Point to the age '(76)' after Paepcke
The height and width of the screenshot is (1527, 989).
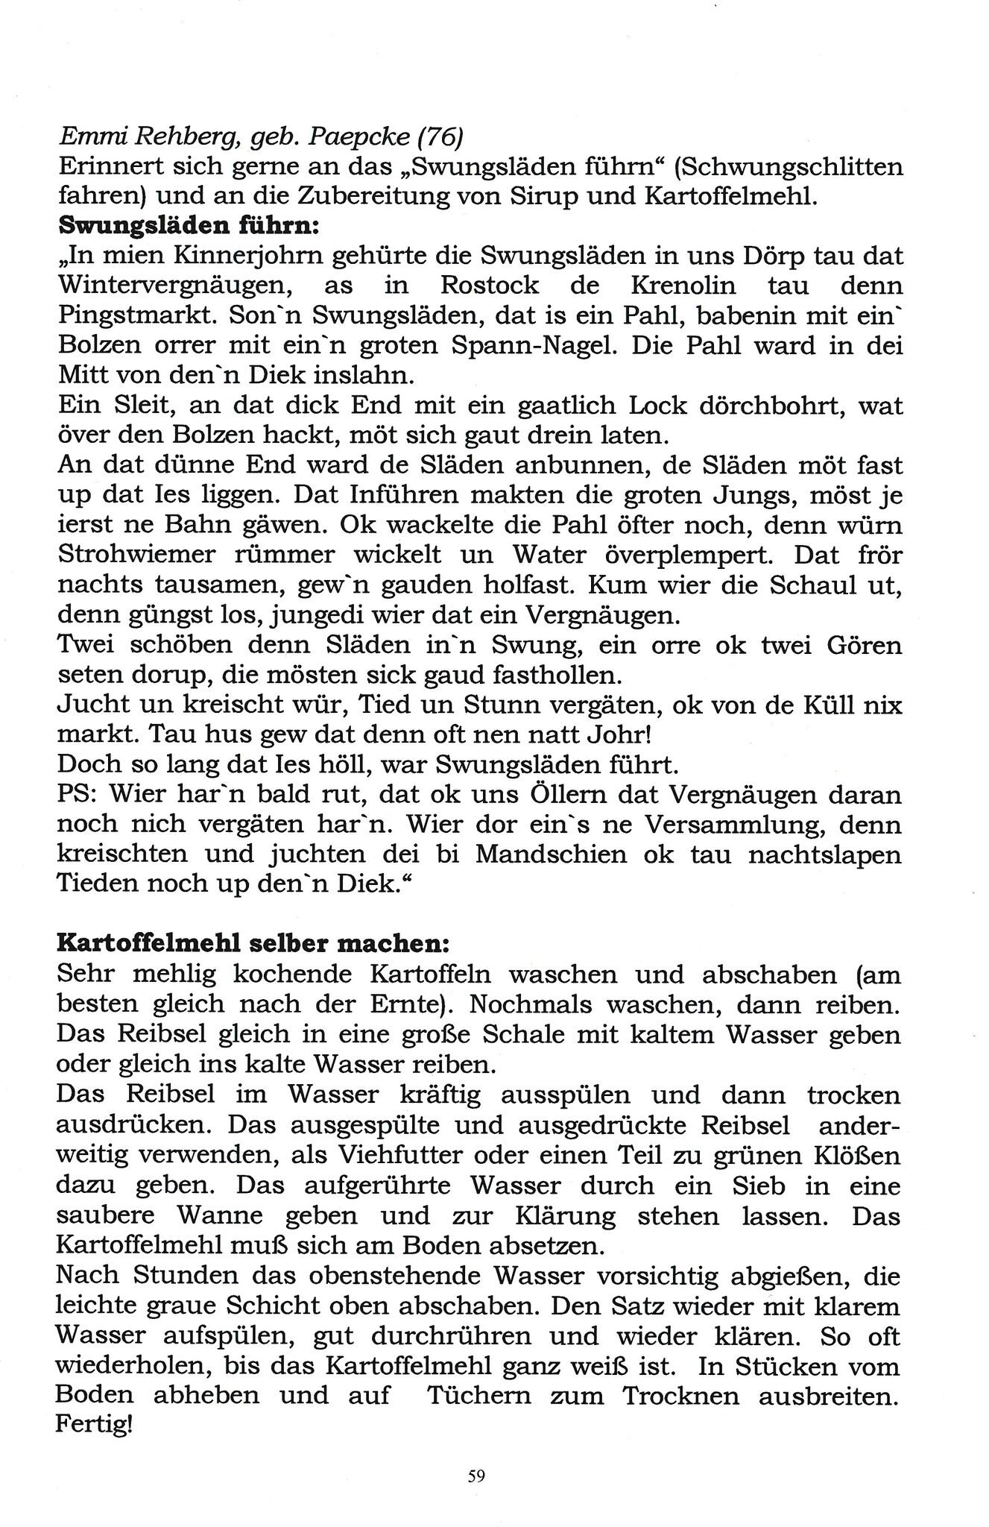pyautogui.click(x=440, y=136)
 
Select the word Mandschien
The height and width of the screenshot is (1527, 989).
pyautogui.click(x=552, y=854)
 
